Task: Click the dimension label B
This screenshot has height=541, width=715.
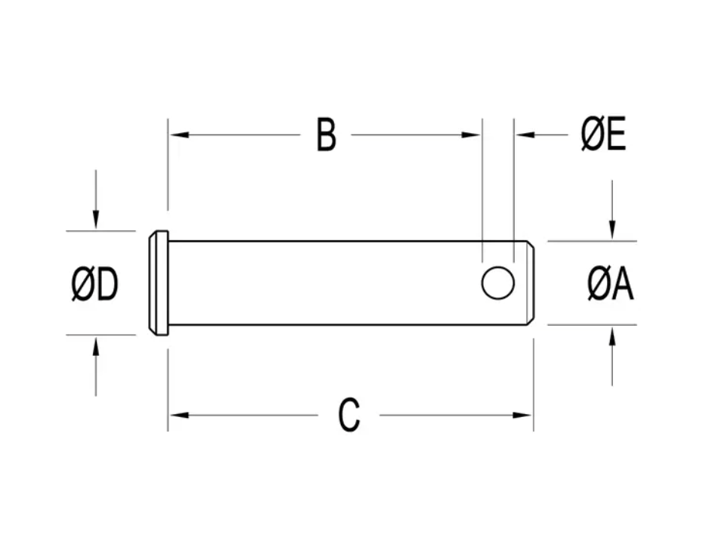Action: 326,136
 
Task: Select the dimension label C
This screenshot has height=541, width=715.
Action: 348,416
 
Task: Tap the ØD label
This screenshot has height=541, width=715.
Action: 95,286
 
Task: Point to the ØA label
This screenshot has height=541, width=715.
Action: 611,285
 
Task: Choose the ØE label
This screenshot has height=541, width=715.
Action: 603,136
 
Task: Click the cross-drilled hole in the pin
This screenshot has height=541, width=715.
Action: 498,283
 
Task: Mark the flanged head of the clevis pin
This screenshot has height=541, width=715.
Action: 159,283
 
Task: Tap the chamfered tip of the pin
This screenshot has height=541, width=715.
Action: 530,283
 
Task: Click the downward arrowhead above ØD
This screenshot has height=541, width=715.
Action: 95,221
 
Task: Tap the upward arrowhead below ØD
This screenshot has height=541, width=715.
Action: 95,346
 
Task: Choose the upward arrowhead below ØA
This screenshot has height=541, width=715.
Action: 612,335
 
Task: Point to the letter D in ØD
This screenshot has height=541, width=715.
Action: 107,286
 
